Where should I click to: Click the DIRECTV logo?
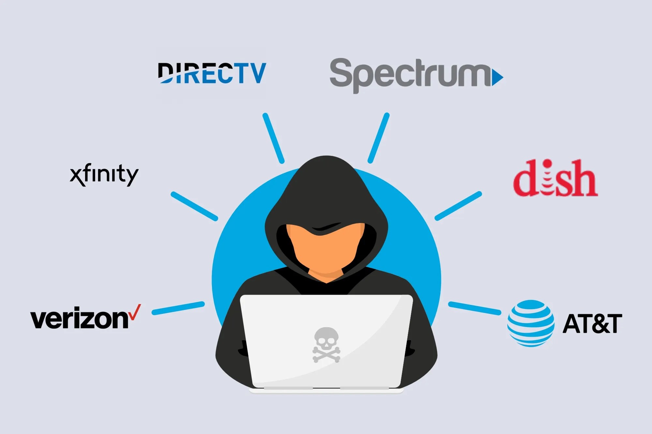pos(212,73)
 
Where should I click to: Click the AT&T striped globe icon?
pos(530,323)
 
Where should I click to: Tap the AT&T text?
pos(592,324)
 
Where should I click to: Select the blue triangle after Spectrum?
pos(497,77)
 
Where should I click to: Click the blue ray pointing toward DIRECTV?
pos(274,138)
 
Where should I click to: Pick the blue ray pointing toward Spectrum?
pos(378,138)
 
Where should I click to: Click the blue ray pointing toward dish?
pos(458,206)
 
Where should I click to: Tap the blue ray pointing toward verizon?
pos(178,308)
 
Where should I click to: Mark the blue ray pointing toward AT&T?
pos(474,308)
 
